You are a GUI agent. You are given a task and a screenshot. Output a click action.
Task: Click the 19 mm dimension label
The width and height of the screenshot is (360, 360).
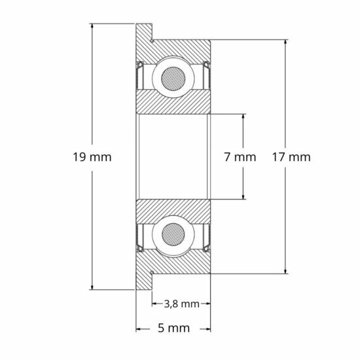coord(93,157)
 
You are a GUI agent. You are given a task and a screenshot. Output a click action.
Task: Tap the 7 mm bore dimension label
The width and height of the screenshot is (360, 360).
coord(239,157)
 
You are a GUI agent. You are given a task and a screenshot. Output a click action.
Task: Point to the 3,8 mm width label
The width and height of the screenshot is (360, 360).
coord(180,304)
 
